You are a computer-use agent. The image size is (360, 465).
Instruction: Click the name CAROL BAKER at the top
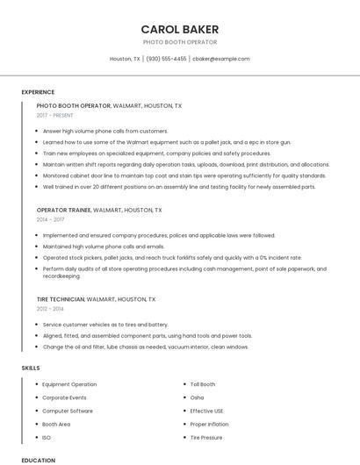(x=180, y=29)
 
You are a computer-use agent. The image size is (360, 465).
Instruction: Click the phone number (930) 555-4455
(x=166, y=59)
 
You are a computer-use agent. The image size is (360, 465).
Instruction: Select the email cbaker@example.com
(x=221, y=59)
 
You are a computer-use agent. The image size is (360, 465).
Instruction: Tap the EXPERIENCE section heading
(x=38, y=92)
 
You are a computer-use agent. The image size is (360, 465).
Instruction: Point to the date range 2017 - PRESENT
(x=55, y=115)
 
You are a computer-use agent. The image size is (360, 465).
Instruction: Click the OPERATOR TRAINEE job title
(x=63, y=211)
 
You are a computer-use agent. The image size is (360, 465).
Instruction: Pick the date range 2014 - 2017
(x=49, y=219)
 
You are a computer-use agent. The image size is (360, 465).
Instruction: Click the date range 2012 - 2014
(x=49, y=309)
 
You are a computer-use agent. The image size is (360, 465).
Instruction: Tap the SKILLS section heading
(x=31, y=368)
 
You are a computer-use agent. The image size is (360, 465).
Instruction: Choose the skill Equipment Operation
(x=69, y=384)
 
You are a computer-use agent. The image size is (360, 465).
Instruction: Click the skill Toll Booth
(x=203, y=384)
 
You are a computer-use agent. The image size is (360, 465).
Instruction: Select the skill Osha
(x=197, y=397)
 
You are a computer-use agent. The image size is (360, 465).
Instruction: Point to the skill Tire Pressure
(x=206, y=437)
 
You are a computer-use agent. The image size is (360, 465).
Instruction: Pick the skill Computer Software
(x=68, y=411)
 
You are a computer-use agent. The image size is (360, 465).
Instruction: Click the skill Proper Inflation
(x=208, y=424)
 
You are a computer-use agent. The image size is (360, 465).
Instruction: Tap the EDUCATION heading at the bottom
(x=38, y=460)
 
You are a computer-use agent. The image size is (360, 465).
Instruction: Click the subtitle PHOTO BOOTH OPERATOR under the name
(x=180, y=42)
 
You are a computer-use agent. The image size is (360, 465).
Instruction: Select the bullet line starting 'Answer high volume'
(x=105, y=131)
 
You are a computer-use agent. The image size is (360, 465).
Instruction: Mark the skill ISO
(x=47, y=437)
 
